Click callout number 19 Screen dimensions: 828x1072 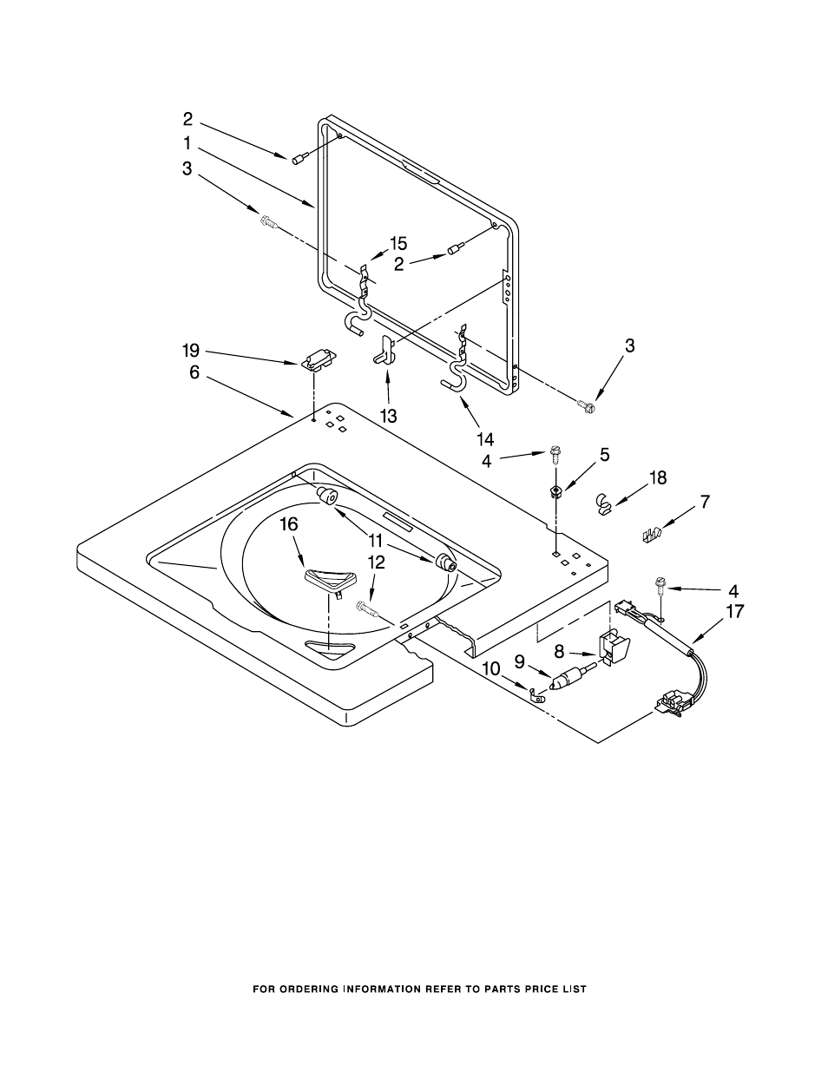coord(191,351)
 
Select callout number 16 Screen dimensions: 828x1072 coord(289,524)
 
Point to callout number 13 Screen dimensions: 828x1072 coord(389,416)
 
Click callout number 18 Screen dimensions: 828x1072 coord(658,477)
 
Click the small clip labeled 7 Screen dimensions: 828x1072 coord(652,535)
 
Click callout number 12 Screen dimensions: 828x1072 coord(377,562)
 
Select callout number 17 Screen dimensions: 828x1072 coord(734,612)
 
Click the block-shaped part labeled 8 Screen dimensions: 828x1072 coord(613,648)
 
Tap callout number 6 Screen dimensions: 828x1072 coord(194,372)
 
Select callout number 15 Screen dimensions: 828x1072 coord(398,243)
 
